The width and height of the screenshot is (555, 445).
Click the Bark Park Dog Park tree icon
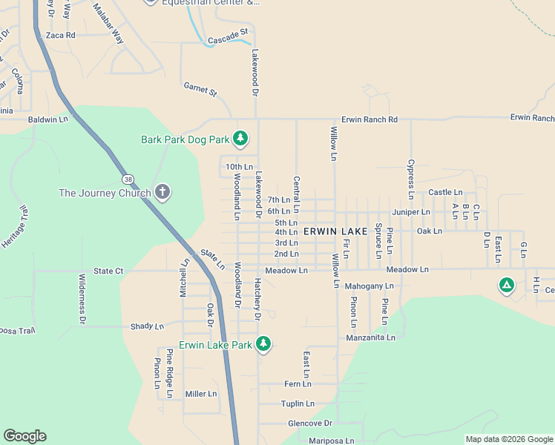[x=240, y=138]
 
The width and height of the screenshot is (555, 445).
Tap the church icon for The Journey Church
[x=162, y=193]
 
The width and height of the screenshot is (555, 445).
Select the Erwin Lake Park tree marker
[x=263, y=343]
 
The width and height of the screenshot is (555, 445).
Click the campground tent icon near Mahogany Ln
[x=507, y=285]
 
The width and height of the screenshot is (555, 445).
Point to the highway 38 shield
[x=129, y=179]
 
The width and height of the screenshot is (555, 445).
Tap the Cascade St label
[x=227, y=36]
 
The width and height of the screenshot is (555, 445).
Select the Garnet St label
[x=200, y=90]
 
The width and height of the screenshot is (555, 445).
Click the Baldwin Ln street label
[x=47, y=119]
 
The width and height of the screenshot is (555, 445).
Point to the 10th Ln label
[x=240, y=167]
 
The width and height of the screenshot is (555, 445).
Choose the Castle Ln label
[x=445, y=193]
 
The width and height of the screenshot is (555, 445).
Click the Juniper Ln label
[x=411, y=212]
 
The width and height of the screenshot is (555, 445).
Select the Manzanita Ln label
[x=370, y=337]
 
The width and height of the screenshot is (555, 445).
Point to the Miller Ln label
[x=201, y=394]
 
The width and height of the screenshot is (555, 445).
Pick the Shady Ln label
[x=146, y=326]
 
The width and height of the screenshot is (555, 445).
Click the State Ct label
[x=108, y=271]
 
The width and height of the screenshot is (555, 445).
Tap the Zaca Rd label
[x=61, y=35]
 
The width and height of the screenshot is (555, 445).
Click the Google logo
[x=25, y=436]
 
